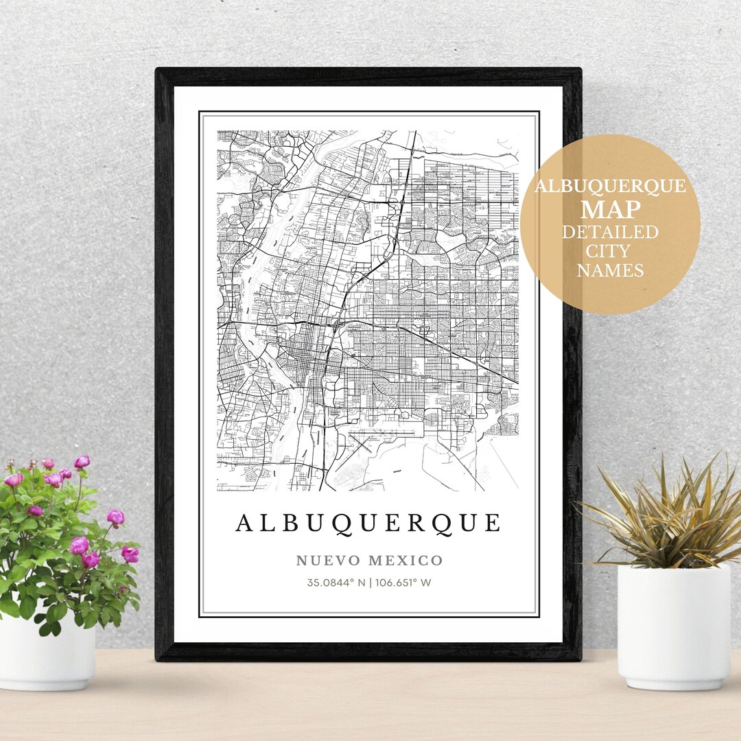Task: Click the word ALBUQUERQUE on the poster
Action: coord(368,524)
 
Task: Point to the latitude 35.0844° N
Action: coord(336,583)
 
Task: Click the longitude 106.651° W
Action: coord(403,583)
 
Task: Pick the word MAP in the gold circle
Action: coord(610,209)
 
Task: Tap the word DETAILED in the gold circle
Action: coord(610,232)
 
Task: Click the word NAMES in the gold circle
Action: coord(610,271)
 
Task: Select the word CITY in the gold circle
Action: coord(610,251)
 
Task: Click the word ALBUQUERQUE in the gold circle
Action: coord(610,187)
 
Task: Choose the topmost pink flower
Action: coord(82,462)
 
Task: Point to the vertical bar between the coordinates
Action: coord(368,583)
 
